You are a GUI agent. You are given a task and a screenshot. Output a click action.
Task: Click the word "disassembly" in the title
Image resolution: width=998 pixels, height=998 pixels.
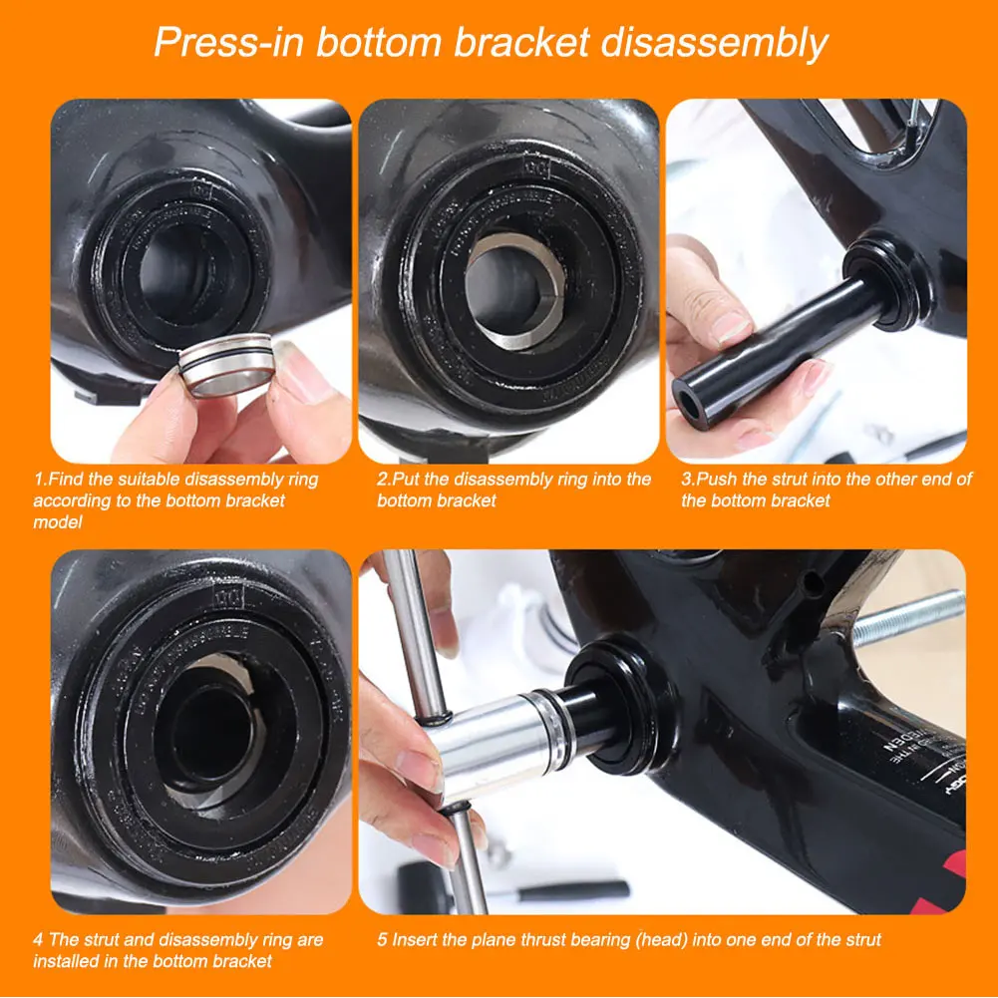[718, 44]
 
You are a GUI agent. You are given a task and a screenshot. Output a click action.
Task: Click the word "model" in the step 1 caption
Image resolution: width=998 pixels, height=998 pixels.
[57, 522]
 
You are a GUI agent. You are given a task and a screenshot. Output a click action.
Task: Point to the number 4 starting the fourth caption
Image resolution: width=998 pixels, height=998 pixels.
[38, 939]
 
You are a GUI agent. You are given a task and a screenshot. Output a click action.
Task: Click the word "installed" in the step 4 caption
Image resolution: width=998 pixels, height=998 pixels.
[66, 961]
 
